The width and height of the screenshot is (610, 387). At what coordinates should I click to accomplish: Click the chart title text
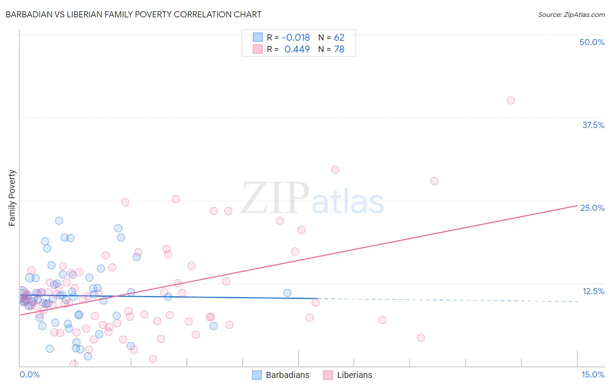(x=133, y=14)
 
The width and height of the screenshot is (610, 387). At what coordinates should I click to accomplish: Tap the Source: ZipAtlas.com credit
(x=571, y=14)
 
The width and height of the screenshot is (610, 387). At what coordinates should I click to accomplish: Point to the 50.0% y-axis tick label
(x=592, y=42)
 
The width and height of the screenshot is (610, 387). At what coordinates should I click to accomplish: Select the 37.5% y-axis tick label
(x=593, y=125)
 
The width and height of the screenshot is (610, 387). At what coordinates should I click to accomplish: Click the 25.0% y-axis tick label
(x=592, y=208)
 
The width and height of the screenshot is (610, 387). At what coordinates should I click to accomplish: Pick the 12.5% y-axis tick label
(x=593, y=291)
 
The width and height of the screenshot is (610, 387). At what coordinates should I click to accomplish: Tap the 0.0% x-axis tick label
(x=30, y=374)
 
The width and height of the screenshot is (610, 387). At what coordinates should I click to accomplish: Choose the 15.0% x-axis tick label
(x=593, y=374)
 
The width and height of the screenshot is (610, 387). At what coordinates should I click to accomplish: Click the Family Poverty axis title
(x=12, y=198)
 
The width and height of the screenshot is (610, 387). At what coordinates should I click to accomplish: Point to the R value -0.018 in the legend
(x=296, y=38)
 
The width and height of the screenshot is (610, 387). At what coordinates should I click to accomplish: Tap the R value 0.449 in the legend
(x=297, y=49)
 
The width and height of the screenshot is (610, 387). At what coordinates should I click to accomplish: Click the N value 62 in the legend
(x=339, y=38)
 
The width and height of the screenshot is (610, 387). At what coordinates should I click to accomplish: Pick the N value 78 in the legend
(x=339, y=49)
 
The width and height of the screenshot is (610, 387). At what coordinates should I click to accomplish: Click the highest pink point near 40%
(x=511, y=100)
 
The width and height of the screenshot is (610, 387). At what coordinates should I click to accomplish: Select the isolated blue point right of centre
(x=287, y=293)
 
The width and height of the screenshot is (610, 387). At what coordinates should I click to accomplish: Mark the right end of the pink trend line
(x=577, y=206)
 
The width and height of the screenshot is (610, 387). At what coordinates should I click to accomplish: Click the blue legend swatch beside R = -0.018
(x=258, y=38)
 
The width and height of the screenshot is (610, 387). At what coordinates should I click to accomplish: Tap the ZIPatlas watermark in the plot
(x=312, y=198)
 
